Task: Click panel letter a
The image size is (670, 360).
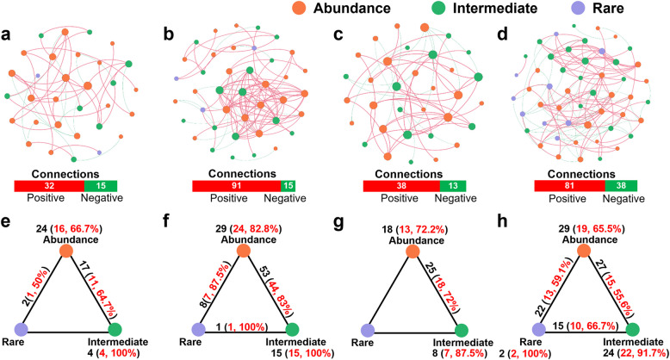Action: pos(7,38)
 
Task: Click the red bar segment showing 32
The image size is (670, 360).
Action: pos(49,186)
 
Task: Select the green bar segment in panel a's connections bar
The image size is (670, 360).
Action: pos(100,186)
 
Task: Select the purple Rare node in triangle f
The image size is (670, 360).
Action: pos(193,329)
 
